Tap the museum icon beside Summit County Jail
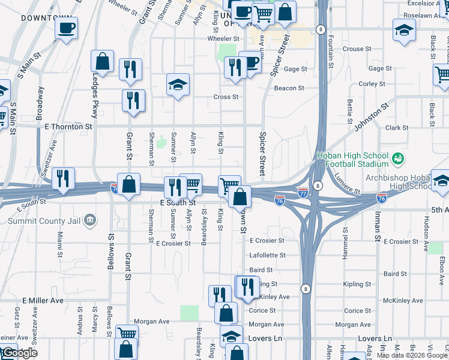[x=90, y=220]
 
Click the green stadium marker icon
[x=397, y=159]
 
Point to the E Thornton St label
[x=68, y=127]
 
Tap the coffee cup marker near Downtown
[x=66, y=28]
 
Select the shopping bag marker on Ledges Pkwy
[x=103, y=62]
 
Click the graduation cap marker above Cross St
[x=178, y=85]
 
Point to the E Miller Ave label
[x=43, y=300]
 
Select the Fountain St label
[x=331, y=51]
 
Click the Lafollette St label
[x=267, y=255]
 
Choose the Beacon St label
[x=289, y=88]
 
